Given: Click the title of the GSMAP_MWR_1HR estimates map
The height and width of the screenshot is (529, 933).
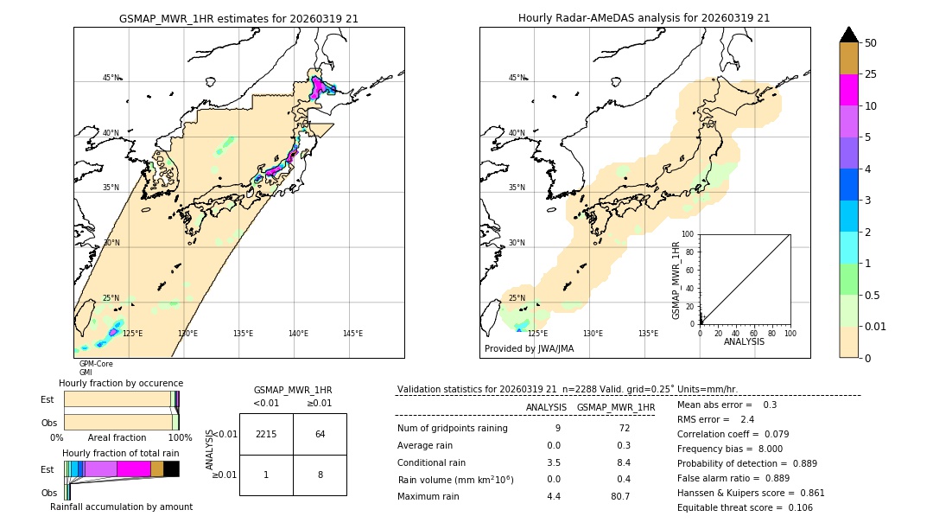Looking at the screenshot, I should click(x=238, y=18).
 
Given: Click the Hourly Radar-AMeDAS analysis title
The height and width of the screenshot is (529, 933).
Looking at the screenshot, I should click(x=644, y=18).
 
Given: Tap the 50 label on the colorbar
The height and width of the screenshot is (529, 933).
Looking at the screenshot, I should click(x=871, y=43).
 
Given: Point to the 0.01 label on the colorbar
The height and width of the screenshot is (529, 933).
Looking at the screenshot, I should click(x=876, y=326).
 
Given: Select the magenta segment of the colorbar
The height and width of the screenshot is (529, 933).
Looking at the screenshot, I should click(x=848, y=90).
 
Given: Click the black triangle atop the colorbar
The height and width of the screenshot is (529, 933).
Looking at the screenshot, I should click(x=848, y=35).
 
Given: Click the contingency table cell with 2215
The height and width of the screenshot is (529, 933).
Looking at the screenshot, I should click(x=266, y=434).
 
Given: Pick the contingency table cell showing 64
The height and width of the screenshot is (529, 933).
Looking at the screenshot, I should click(x=320, y=434).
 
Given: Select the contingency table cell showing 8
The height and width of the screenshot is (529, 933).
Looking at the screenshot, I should click(x=320, y=475).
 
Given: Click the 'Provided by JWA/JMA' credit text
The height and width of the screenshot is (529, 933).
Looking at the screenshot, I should click(x=529, y=349).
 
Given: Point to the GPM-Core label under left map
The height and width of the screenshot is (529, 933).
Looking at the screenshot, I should click(x=96, y=364).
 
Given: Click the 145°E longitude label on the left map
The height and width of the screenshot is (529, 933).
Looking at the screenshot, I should click(x=352, y=334).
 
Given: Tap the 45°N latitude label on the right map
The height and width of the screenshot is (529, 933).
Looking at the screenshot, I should click(x=516, y=78).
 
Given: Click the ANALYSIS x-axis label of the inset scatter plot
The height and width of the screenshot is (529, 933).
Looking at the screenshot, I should click(x=745, y=341).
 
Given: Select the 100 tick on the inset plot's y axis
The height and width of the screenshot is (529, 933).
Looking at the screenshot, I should click(x=689, y=234).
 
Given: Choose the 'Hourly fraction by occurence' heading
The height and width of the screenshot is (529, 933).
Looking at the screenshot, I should click(x=121, y=383).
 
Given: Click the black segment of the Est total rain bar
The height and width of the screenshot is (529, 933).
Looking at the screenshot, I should click(x=171, y=468).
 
